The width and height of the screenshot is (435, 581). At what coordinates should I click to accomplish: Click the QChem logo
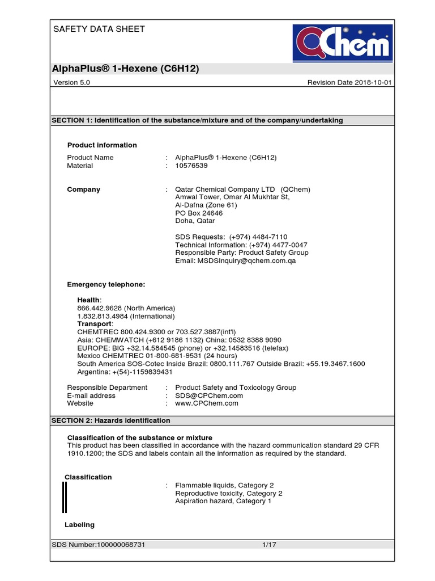[342, 43]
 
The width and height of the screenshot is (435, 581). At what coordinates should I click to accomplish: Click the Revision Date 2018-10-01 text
[349, 82]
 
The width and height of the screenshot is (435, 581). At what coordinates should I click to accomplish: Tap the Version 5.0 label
[71, 82]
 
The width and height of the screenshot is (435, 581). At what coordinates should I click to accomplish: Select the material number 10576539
[191, 166]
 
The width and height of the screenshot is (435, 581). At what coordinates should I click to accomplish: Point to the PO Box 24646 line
[199, 213]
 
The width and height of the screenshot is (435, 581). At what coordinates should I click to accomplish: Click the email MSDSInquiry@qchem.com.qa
[236, 261]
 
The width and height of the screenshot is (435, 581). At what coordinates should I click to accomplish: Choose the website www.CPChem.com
[207, 403]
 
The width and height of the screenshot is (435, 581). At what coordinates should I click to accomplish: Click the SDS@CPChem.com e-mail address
[209, 395]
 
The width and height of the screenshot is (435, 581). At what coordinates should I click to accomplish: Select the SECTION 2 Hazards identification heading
[111, 420]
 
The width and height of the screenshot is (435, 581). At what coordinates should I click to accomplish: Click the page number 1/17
[269, 545]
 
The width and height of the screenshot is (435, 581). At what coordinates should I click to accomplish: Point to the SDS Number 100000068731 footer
[99, 545]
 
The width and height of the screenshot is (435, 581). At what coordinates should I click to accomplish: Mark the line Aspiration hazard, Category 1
[223, 501]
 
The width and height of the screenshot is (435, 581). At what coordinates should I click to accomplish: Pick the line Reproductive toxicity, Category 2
[229, 493]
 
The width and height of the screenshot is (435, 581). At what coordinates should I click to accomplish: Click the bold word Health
[89, 300]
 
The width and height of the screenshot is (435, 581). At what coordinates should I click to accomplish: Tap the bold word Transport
[95, 323]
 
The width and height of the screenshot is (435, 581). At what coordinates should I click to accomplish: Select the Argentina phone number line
[125, 372]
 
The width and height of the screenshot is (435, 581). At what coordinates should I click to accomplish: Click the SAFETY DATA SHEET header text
[99, 29]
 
